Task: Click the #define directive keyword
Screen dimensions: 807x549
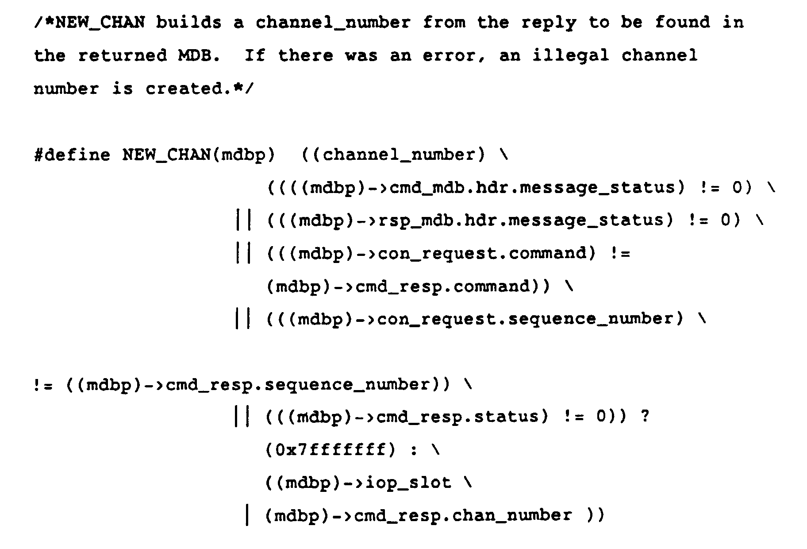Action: tap(72, 155)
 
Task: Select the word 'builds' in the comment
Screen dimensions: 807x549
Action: tap(189, 22)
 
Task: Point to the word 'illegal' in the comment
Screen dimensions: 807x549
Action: tap(571, 55)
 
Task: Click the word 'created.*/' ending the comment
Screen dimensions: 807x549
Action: tap(200, 89)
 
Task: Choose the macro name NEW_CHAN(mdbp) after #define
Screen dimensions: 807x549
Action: tap(199, 155)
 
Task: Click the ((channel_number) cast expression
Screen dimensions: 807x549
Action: tap(394, 155)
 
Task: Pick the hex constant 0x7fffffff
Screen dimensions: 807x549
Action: tap(330, 450)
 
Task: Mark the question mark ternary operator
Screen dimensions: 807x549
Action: tap(645, 417)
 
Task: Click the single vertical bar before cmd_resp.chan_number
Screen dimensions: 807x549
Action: tap(246, 515)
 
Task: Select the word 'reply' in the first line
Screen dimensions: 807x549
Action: tap(549, 22)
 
